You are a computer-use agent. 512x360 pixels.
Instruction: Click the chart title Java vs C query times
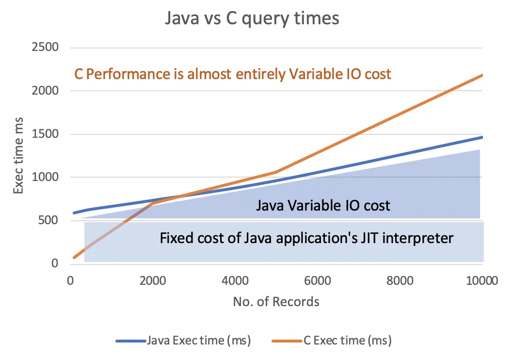coord(252,19)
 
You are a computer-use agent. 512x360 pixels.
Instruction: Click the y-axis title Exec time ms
coord(18,155)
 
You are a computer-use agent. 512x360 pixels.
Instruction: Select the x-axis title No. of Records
coord(276,302)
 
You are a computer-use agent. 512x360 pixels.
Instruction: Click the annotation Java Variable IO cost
coord(323,206)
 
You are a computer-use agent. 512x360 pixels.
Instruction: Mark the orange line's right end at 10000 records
coord(482,75)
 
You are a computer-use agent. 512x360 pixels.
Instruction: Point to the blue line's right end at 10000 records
coord(482,137)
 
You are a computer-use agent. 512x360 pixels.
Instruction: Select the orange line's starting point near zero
coord(74,257)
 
